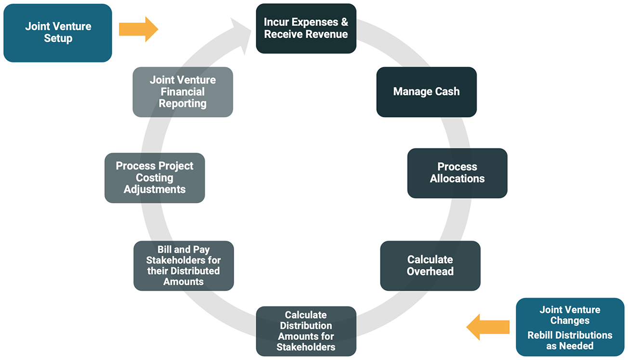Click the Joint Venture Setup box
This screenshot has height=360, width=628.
tap(58, 33)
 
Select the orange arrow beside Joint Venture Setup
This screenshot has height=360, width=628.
tap(138, 29)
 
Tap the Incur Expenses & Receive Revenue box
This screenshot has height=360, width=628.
tap(306, 28)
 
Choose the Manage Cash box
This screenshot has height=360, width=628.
tap(426, 92)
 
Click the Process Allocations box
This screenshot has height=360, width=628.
tap(457, 173)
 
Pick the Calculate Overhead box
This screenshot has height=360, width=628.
tap(430, 266)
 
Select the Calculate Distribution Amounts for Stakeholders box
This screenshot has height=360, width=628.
tap(306, 331)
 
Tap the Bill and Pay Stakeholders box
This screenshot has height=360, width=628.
tap(183, 266)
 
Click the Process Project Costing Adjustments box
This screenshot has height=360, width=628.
tap(155, 178)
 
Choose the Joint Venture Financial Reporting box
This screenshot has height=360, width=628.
tap(183, 92)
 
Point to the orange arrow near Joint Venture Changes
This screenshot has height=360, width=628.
tap(487, 327)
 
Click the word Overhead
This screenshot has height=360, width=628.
tap(430, 271)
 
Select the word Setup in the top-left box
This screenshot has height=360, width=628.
tap(58, 39)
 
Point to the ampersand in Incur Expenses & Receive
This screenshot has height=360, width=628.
tap(344, 23)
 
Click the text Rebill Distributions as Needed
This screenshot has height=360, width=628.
tap(570, 340)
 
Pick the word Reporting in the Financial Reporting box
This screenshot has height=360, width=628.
tap(183, 103)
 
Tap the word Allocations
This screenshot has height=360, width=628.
tap(457, 179)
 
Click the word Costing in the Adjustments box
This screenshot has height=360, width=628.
tap(155, 178)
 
